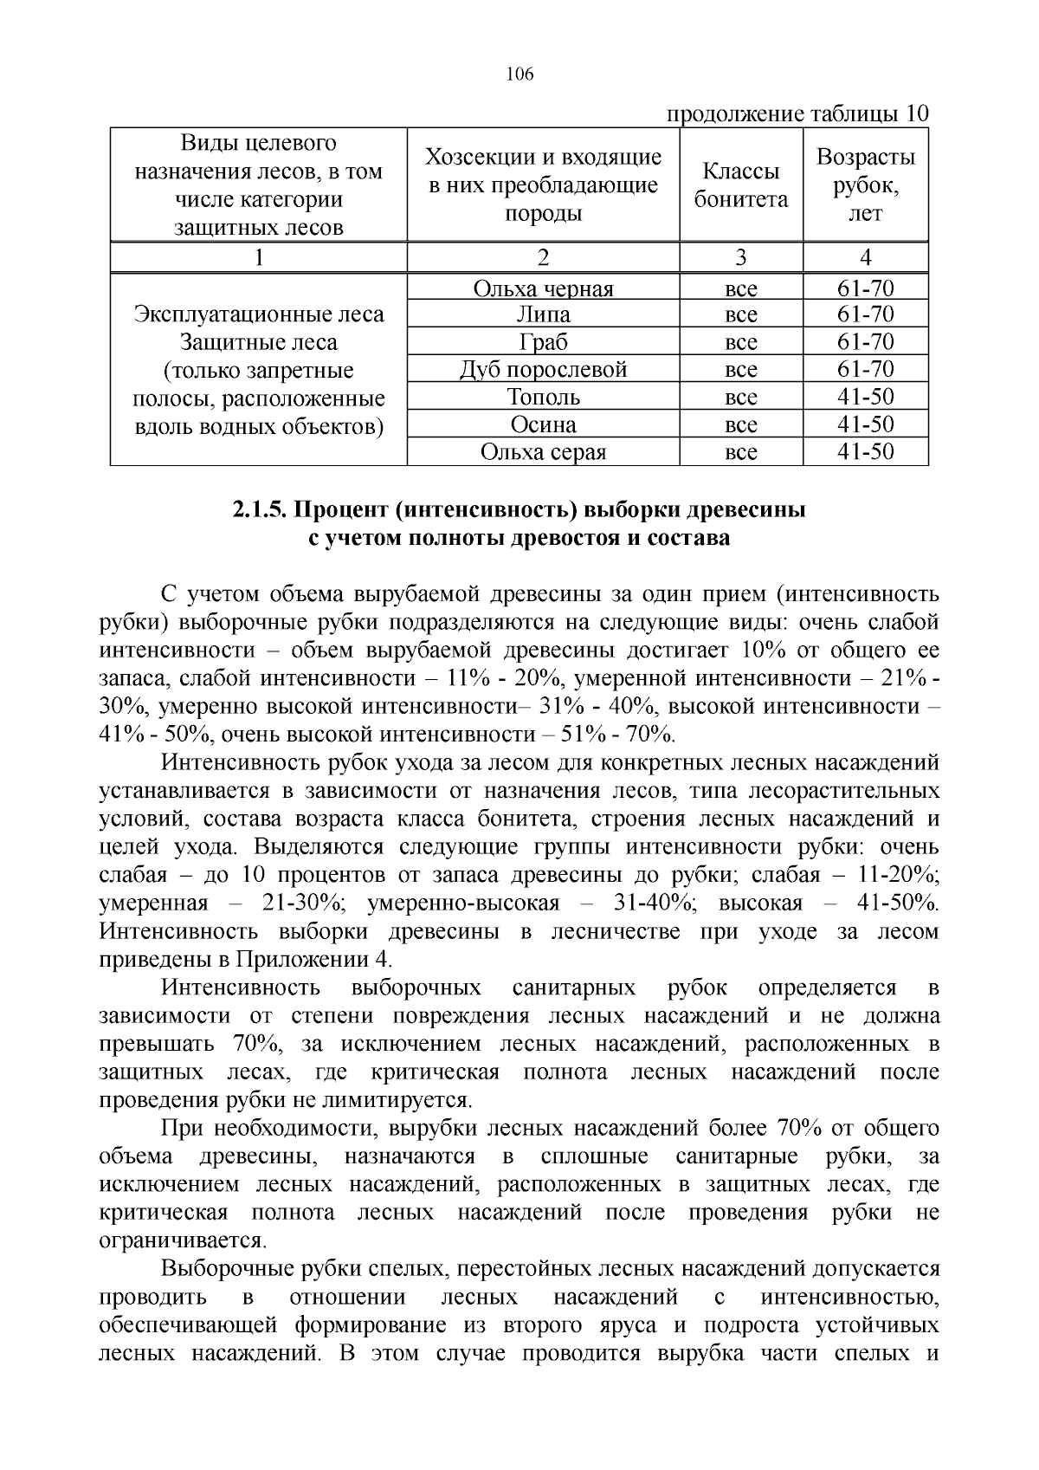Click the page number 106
pyautogui.click(x=519, y=74)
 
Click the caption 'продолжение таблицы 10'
pyautogui.click(x=796, y=114)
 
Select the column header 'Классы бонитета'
pyautogui.click(x=741, y=185)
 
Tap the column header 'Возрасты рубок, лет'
pyautogui.click(x=865, y=185)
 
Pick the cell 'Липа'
pyautogui.click(x=543, y=314)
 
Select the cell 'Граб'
pyautogui.click(x=543, y=342)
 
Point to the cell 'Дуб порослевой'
pyautogui.click(x=543, y=370)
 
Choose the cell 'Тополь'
pyautogui.click(x=543, y=398)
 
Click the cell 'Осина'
pyautogui.click(x=543, y=425)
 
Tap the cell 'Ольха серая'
pyautogui.click(x=543, y=452)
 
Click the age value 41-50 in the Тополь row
pyautogui.click(x=865, y=398)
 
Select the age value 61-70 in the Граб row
pyautogui.click(x=865, y=342)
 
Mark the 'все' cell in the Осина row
pyautogui.click(x=740, y=425)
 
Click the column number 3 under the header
pyautogui.click(x=740, y=257)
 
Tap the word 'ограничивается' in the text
pyautogui.click(x=182, y=1240)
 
